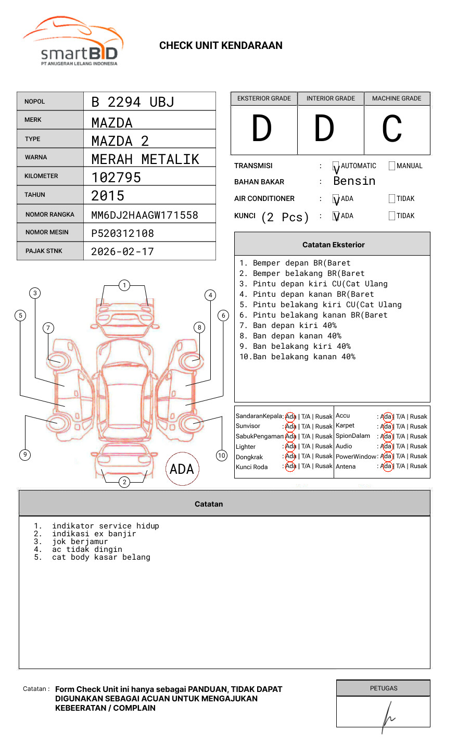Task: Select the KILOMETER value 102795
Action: click(x=116, y=178)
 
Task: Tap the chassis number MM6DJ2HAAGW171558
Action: click(x=144, y=215)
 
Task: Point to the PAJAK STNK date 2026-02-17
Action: click(x=122, y=251)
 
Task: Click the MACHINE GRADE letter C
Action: click(x=391, y=129)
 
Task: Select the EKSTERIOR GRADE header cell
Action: click(x=264, y=98)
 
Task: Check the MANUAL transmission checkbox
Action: click(x=392, y=166)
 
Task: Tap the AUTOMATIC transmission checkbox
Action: click(x=336, y=166)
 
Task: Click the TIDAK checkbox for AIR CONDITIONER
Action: click(x=392, y=198)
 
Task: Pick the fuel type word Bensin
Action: click(x=354, y=181)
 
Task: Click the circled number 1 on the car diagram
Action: click(x=124, y=285)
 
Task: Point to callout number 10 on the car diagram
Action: click(x=222, y=456)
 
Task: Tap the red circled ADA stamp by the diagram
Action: click(x=182, y=469)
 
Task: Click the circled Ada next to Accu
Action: click(x=386, y=417)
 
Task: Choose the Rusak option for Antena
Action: click(x=418, y=466)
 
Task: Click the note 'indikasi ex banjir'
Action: click(x=94, y=534)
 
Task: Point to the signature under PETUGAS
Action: click(x=387, y=716)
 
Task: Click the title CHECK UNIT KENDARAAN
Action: click(x=221, y=45)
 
